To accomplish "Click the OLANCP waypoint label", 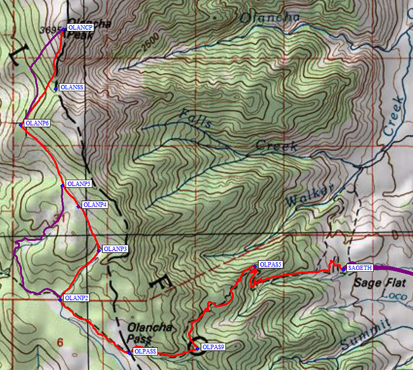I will point(80,28).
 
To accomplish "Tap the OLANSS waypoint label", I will point(72,88).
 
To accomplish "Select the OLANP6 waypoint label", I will point(37,123).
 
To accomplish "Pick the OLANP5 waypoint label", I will point(79,184).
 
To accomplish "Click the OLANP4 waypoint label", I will point(95,205).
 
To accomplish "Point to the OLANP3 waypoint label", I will point(115,249).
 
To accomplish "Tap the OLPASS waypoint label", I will point(145,351).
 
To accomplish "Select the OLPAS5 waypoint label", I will point(270,264).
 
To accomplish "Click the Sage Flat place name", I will point(372,283).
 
